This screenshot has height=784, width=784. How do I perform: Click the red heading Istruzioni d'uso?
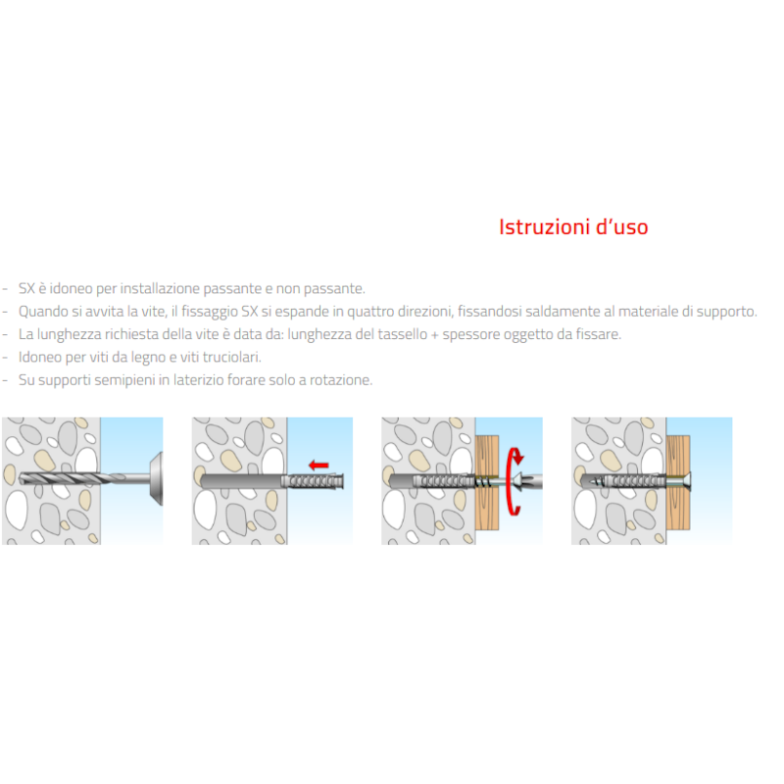click(573, 227)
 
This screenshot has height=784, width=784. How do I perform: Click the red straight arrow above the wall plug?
click(318, 465)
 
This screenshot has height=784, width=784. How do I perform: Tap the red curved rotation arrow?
click(514, 480)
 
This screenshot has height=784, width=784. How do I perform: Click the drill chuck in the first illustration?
click(157, 478)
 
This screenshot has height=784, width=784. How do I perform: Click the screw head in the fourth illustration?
click(687, 481)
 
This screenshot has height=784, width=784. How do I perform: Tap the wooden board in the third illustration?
click(486, 482)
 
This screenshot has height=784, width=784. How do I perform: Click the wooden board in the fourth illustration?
click(678, 482)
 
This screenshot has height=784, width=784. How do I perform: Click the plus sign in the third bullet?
click(434, 335)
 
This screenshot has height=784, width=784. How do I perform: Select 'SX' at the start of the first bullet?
click(27, 288)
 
